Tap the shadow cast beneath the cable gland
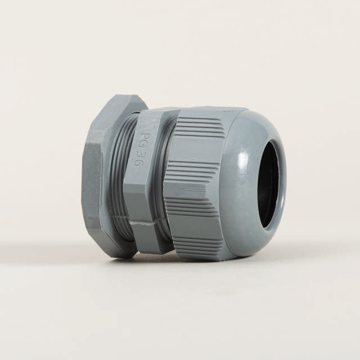coord(186,263)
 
